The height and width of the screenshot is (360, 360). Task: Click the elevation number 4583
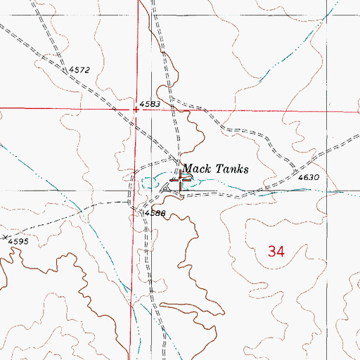150,103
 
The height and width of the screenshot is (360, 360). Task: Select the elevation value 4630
309,178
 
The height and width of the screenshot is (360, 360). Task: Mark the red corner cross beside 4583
136,109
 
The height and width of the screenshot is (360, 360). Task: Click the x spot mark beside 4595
5,238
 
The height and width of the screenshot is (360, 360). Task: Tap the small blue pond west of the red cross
149,183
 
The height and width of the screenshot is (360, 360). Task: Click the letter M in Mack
189,169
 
